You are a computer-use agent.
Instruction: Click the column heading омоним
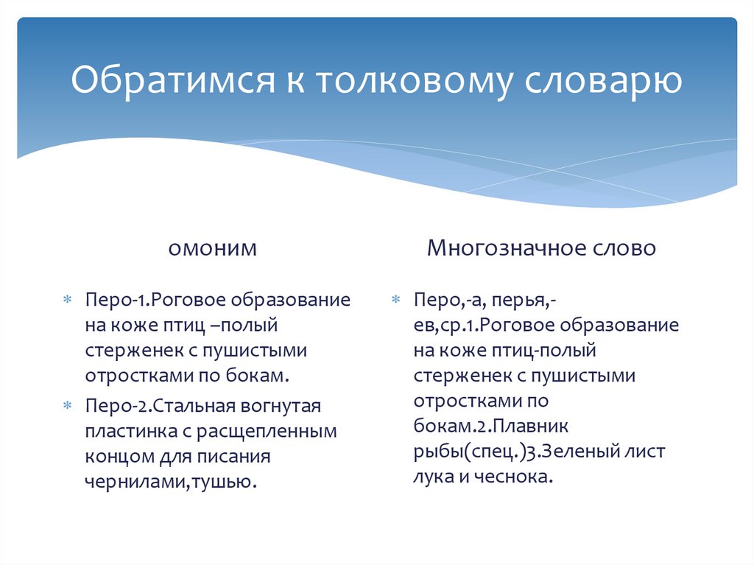[x=213, y=248]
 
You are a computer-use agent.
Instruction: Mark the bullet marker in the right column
[x=395, y=301]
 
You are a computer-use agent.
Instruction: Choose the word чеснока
[x=518, y=477]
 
